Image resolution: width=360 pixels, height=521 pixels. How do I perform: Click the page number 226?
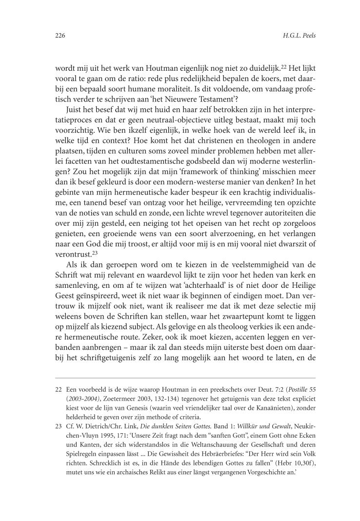click(x=60, y=36)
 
